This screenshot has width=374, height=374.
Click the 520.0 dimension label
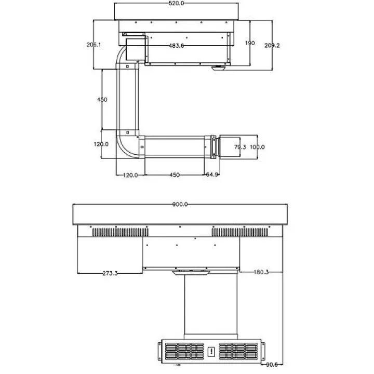(x=176, y=3)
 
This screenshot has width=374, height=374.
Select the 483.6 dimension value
(x=176, y=46)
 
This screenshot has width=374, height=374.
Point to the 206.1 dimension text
(x=94, y=45)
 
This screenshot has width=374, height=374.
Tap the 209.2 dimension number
(x=272, y=45)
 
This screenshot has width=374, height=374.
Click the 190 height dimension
(x=250, y=43)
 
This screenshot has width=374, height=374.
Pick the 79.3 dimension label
(x=240, y=147)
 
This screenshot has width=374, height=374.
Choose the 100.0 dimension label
(x=257, y=147)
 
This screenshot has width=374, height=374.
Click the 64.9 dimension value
(x=212, y=175)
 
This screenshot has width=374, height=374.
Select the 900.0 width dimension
(x=180, y=205)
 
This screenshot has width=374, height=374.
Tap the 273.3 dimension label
(x=110, y=273)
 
